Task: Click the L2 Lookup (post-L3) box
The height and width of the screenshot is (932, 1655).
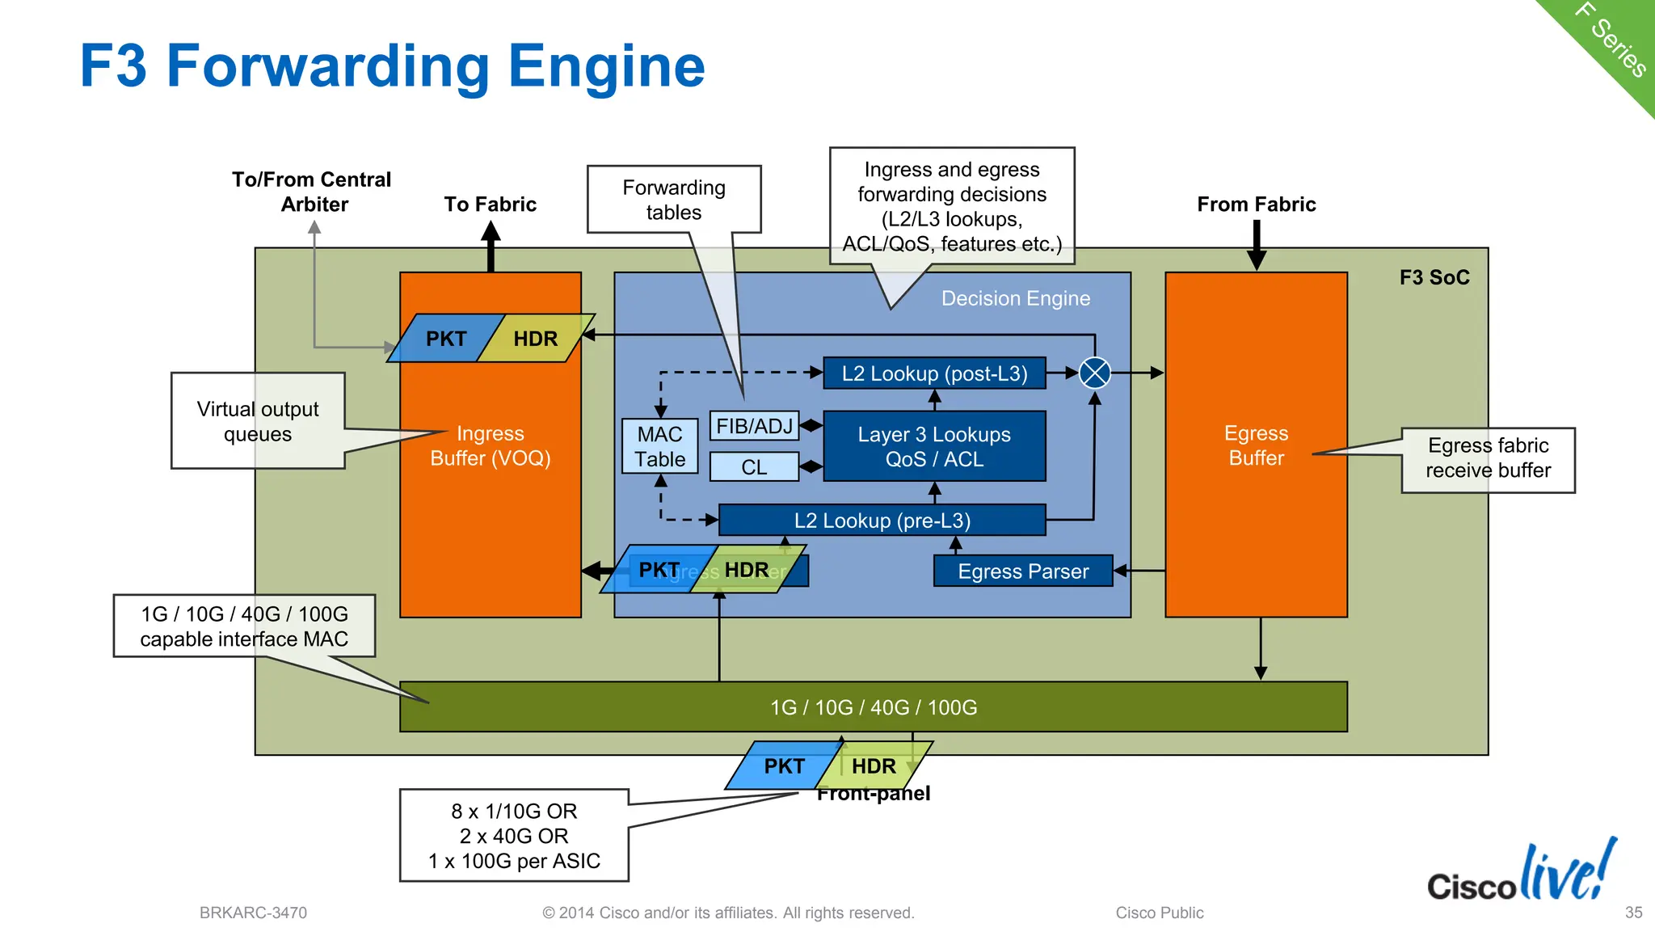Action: point(934,373)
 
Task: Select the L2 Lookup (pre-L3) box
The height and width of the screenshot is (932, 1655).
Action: point(882,521)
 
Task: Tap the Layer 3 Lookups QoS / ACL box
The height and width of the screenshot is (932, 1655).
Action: point(934,446)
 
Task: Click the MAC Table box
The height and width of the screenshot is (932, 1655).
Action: point(659,446)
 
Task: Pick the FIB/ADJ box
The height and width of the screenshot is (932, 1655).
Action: point(754,426)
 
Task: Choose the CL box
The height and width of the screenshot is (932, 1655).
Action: point(754,467)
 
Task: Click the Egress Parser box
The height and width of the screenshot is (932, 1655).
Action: point(1023,571)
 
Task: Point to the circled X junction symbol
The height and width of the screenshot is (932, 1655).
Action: point(1095,373)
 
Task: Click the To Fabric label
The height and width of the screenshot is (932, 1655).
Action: point(490,205)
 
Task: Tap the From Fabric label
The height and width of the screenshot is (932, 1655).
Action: point(1256,205)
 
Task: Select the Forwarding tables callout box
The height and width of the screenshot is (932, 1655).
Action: point(674,200)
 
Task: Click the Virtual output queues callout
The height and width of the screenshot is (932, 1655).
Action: point(258,421)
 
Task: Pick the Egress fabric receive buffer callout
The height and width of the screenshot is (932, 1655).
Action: point(1488,458)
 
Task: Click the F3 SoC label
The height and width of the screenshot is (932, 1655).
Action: point(1434,277)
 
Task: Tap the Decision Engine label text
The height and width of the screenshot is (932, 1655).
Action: point(1015,298)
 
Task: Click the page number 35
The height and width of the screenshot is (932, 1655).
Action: point(1633,913)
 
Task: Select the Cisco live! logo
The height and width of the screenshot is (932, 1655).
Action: point(1522,875)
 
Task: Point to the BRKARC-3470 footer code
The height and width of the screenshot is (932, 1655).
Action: point(253,913)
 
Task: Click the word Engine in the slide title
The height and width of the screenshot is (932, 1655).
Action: point(606,66)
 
